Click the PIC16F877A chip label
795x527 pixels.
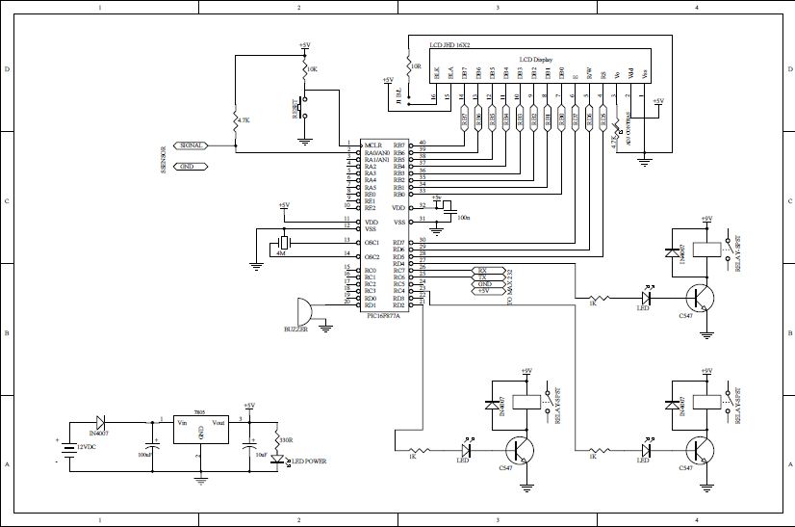click(385, 314)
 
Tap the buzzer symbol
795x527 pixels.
click(304, 310)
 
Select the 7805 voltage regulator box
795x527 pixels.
click(200, 429)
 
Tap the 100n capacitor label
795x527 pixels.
click(464, 218)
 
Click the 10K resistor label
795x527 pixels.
click(311, 69)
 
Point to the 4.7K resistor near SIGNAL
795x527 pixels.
click(236, 120)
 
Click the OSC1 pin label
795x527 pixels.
click(372, 241)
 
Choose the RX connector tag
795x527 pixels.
click(483, 271)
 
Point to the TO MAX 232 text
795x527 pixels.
click(510, 287)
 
